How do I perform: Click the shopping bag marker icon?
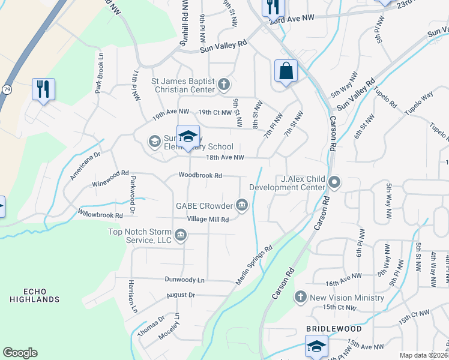point(286,71)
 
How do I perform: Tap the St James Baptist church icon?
point(224,84)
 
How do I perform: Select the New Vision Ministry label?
point(346,298)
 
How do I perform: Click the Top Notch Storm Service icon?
point(181,236)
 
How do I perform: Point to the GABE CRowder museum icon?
point(242,205)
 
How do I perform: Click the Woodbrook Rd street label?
point(200,176)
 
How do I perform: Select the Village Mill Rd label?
point(208,220)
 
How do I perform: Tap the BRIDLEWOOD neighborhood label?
point(334,329)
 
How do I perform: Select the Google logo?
point(20,353)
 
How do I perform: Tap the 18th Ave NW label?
point(225,158)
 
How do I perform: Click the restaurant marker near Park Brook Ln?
point(43,89)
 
